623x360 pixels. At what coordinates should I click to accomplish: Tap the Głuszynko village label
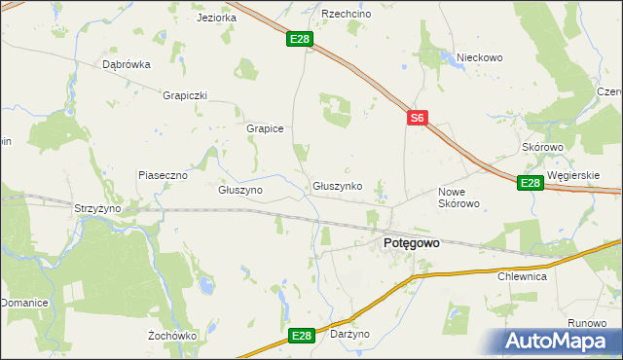point(338,185)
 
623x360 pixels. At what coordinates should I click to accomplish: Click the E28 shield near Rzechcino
point(300,40)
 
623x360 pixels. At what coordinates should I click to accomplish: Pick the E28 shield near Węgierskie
point(530,182)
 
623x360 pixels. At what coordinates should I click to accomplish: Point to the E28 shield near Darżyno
point(302,336)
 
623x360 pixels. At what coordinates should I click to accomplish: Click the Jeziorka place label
point(216,18)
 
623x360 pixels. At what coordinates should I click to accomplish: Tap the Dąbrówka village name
point(127,65)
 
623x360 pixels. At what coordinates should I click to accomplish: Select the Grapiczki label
point(186,95)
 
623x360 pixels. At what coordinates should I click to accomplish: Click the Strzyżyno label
point(97,208)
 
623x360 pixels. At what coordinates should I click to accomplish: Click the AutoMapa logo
point(559,340)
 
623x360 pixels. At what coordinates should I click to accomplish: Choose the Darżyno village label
point(350,334)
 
